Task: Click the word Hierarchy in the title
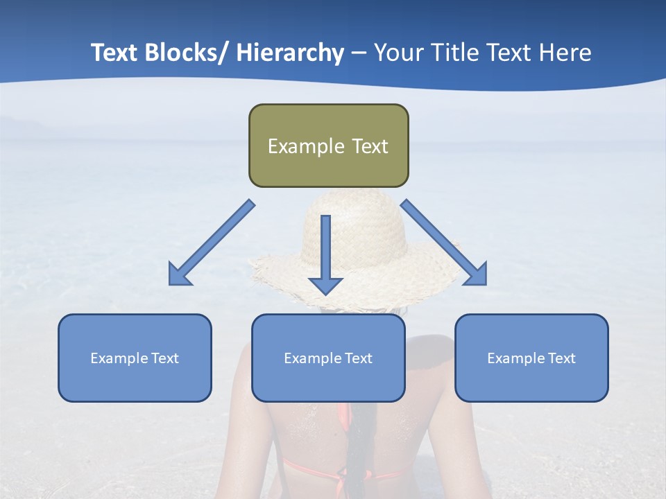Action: (290, 53)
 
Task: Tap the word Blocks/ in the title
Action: (185, 53)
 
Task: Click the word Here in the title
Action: (565, 53)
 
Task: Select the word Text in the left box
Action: (164, 358)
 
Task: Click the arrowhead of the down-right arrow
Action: (477, 274)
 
